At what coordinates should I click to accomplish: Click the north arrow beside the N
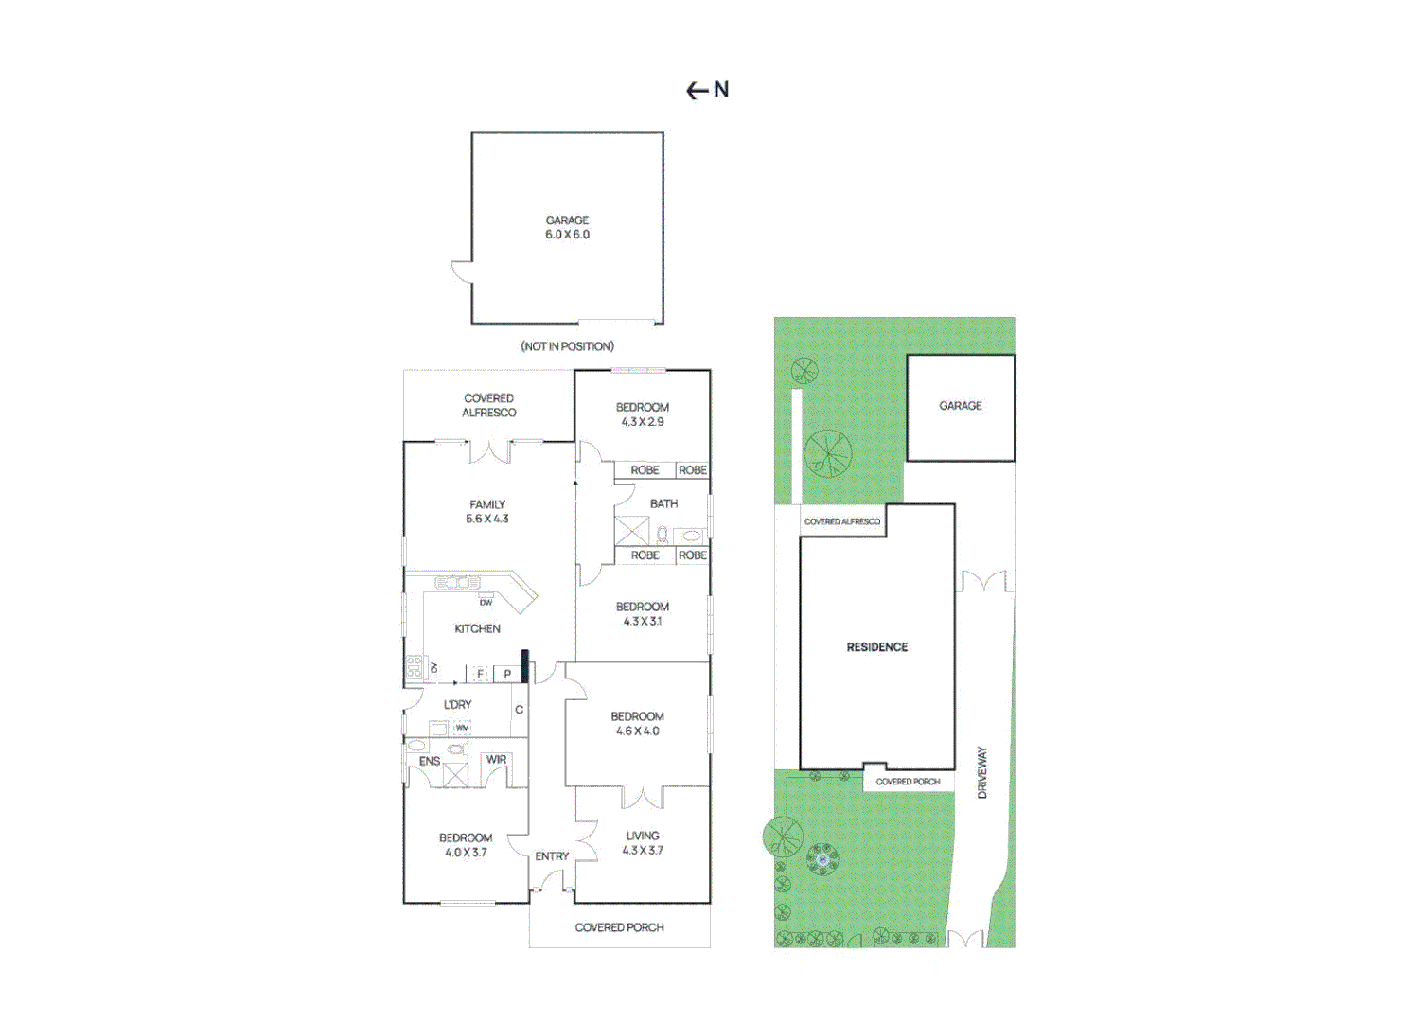tap(697, 91)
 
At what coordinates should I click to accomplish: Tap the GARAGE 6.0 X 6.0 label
tap(567, 227)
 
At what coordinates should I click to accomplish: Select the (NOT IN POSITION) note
tap(567, 346)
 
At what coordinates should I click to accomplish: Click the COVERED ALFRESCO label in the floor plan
tap(488, 405)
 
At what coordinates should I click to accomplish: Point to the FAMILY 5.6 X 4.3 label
tap(487, 512)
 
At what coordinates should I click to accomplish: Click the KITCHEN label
tap(477, 628)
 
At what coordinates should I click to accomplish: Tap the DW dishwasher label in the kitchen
tap(486, 602)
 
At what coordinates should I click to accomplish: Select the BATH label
tap(663, 503)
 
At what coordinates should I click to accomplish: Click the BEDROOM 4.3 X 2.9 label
tap(643, 414)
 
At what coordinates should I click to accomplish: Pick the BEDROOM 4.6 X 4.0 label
tap(637, 724)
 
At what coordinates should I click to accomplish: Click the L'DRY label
tap(457, 705)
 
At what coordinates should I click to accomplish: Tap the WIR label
tap(496, 759)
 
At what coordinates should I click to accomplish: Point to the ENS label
tap(430, 761)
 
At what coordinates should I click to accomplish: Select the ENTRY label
tap(552, 856)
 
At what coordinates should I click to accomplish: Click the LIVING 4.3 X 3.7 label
tap(643, 843)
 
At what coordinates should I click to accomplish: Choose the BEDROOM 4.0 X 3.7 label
tap(466, 845)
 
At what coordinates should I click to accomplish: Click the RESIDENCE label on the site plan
tap(876, 647)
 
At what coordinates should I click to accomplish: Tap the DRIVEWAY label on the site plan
tap(981, 772)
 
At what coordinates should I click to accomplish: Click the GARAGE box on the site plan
tap(960, 407)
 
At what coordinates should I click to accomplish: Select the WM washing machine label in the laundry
tap(462, 728)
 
